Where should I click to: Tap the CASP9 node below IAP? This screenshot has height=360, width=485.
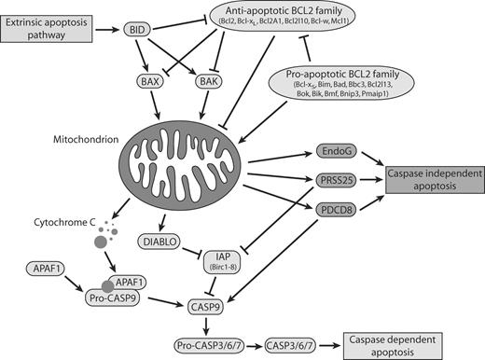[x=223, y=305]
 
